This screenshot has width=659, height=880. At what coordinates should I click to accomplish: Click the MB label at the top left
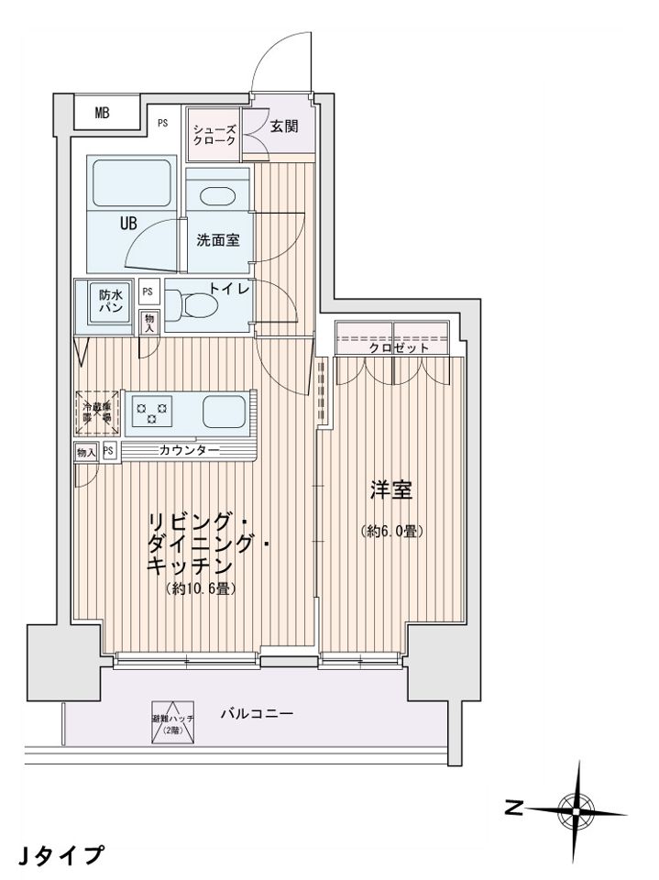(102, 114)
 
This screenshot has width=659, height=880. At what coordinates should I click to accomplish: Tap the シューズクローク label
(214, 135)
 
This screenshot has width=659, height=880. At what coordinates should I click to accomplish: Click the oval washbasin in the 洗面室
(216, 195)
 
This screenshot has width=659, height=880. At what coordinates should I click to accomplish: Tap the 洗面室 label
(218, 240)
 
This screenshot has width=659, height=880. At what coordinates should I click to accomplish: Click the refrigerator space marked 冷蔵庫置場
(95, 411)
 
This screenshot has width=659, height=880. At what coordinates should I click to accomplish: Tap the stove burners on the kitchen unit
(153, 409)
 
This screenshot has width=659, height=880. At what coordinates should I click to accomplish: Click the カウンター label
(188, 450)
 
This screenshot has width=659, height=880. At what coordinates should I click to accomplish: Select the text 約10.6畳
(202, 589)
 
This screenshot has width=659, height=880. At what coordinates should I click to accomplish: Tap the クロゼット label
(399, 349)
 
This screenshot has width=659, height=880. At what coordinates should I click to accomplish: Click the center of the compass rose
(576, 809)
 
